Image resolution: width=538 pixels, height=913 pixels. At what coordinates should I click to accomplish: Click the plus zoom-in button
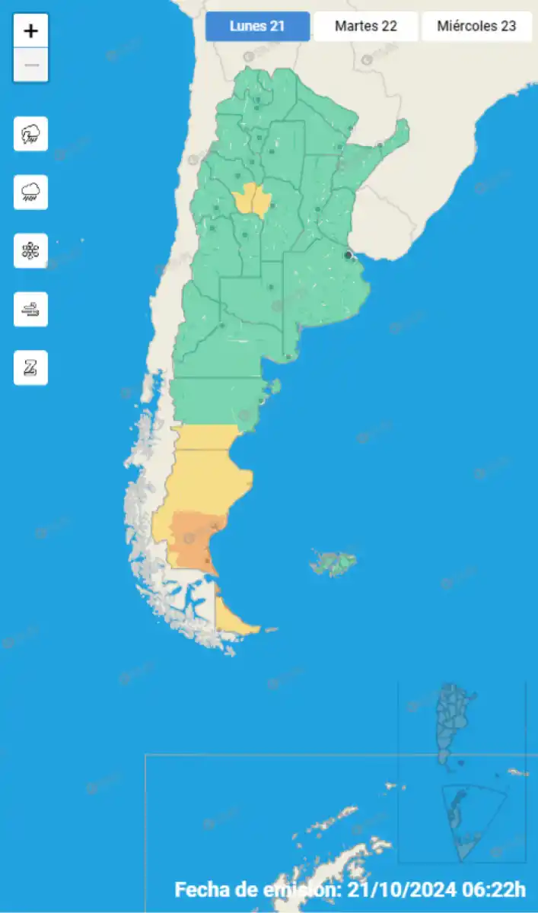[x=31, y=31]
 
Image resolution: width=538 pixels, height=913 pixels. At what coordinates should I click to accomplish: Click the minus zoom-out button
[x=31, y=65]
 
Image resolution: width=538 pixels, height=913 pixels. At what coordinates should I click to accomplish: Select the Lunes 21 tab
[x=257, y=26]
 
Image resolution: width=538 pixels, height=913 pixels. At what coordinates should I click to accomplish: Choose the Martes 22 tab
[x=366, y=26]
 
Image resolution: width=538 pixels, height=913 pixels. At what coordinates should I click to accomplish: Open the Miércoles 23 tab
[x=476, y=26]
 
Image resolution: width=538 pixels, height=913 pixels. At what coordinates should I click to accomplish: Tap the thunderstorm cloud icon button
[x=31, y=135]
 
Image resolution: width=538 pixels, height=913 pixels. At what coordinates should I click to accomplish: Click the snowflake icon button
[x=31, y=251]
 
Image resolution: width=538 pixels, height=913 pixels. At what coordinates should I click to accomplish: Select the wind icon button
[x=31, y=310]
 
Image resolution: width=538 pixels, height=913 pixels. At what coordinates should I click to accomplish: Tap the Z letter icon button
[x=31, y=368]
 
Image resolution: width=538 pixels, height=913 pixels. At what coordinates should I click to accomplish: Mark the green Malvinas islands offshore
[x=334, y=563]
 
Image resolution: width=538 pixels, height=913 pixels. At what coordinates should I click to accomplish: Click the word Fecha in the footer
[x=199, y=889]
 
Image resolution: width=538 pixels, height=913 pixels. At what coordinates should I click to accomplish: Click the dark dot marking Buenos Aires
[x=349, y=256]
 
